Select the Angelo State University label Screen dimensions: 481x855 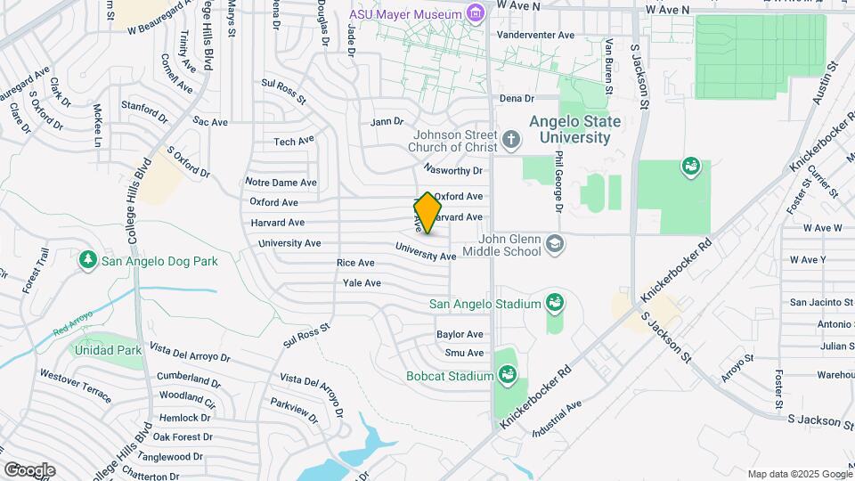click(582, 129)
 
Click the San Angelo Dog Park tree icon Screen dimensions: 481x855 click(87, 260)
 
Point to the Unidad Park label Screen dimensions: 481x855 click(109, 351)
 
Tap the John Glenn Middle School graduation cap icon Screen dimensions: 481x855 click(554, 244)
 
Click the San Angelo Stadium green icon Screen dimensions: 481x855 click(554, 304)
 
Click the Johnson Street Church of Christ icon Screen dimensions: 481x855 click(510, 139)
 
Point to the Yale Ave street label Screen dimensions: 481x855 click(362, 283)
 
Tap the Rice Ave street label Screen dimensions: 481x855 click(355, 263)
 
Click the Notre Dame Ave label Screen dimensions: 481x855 click(281, 182)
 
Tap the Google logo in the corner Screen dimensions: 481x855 click(29, 469)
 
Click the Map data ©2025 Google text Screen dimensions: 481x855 click(798, 474)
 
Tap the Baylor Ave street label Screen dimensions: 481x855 click(460, 334)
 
